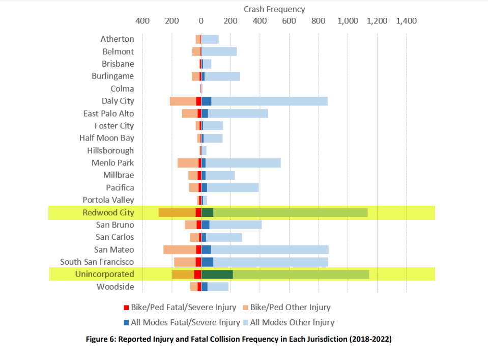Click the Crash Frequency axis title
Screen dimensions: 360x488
tap(274, 9)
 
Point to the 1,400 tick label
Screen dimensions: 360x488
tap(406, 21)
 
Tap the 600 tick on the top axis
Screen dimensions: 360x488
tap(289, 21)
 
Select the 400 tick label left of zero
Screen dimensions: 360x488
tap(142, 21)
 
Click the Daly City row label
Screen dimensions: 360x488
tap(118, 101)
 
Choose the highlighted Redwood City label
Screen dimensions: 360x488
tap(108, 212)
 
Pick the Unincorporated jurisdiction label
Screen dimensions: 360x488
tap(104, 274)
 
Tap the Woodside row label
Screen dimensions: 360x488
tap(116, 287)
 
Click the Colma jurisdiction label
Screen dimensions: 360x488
tap(122, 89)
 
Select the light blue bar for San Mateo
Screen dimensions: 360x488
tap(270, 250)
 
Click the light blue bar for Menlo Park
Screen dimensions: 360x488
tap(243, 163)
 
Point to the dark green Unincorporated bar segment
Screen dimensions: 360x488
tap(217, 274)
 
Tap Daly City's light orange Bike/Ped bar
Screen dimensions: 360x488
tap(183, 101)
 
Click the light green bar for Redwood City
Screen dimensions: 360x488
tap(290, 212)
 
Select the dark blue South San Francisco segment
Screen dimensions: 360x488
tap(207, 262)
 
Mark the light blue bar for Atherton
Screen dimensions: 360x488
tap(210, 39)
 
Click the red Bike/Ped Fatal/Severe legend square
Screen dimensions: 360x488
tap(127, 308)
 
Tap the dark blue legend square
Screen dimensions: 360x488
tap(127, 322)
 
